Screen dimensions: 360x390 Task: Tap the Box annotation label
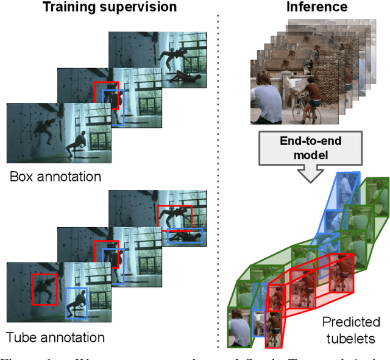click(55, 177)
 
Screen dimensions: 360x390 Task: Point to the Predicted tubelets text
click(351, 330)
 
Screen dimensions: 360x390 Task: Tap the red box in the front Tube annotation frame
click(44, 289)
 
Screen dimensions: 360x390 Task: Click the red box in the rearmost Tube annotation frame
click(174, 217)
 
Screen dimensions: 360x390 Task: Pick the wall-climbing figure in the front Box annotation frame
click(43, 130)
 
